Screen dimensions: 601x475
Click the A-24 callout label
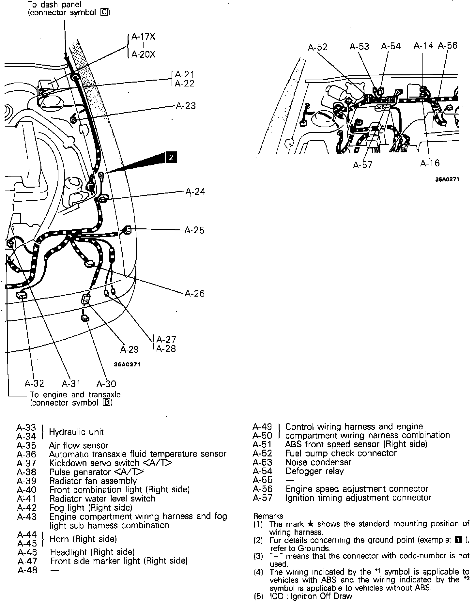point(195,191)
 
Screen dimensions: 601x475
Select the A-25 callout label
point(194,230)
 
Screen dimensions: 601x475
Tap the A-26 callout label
point(195,294)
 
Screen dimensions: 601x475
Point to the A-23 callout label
point(186,106)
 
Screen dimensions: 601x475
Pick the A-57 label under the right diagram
point(362,165)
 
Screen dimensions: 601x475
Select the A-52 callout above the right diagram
point(317,47)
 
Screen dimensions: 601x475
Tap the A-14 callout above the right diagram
point(423,46)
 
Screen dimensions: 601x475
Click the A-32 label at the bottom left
point(35,383)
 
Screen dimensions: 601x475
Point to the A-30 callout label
point(106,384)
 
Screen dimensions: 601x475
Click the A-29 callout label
point(130,349)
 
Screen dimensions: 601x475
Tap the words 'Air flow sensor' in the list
point(79,445)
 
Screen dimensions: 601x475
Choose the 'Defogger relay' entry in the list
point(314,471)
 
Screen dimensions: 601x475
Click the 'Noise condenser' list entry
point(318,462)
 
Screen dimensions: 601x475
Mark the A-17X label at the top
point(143,37)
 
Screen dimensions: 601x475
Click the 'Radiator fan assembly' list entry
point(93,481)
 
